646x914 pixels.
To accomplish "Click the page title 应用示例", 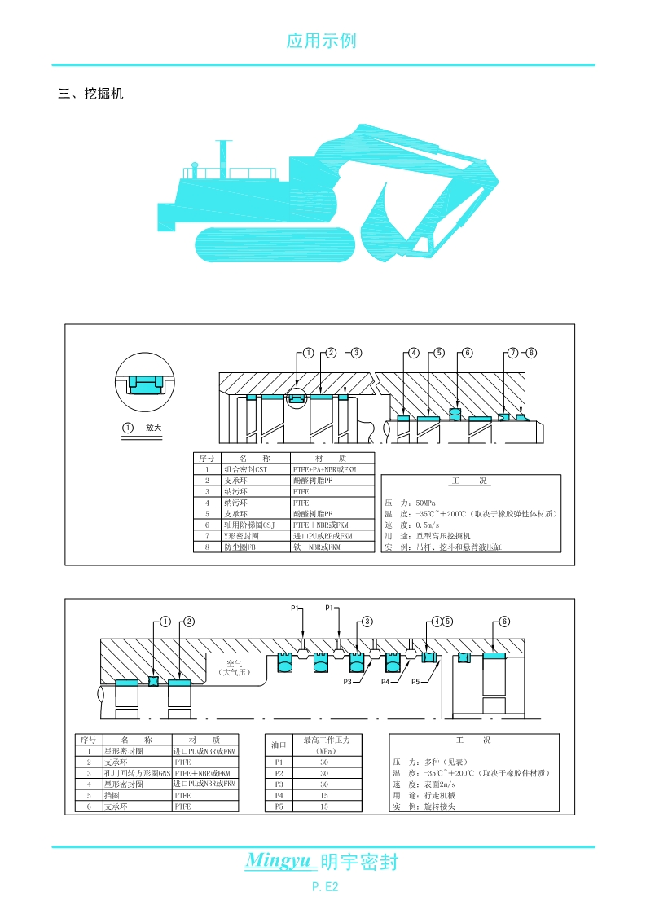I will tap(322, 41).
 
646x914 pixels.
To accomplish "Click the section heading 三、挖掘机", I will tap(90, 94).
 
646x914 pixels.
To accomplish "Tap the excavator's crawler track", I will tap(275, 244).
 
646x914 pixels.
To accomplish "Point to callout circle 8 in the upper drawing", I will tap(531, 353).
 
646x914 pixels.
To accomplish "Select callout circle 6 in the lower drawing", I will tap(504, 622).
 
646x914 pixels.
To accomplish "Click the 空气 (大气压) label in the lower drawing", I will tap(237, 669).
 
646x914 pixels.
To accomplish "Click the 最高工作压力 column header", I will tap(325, 740).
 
